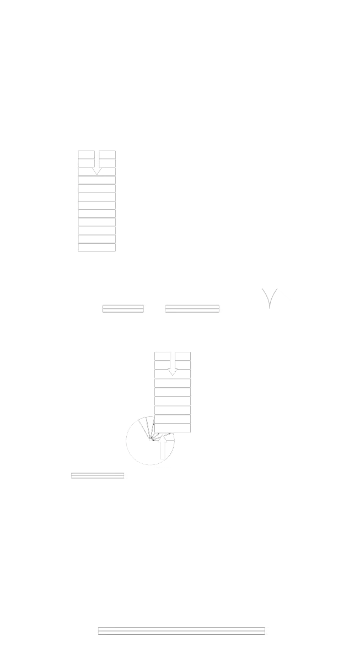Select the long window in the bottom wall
[181, 630]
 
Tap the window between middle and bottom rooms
[97, 477]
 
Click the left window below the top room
[123, 309]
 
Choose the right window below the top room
[192, 309]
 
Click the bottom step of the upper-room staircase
[97, 248]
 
